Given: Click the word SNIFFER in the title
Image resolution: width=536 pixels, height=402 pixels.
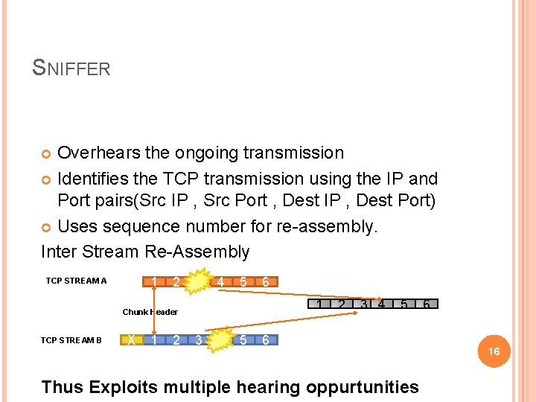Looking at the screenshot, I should click(71, 68).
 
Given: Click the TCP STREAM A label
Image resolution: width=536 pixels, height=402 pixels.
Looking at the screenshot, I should click(76, 281).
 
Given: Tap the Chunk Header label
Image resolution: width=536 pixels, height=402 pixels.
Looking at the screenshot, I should click(150, 312).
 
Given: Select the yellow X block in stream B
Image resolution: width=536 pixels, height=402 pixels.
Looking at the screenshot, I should click(132, 340).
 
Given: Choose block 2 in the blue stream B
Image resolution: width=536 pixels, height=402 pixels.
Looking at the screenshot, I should click(176, 340).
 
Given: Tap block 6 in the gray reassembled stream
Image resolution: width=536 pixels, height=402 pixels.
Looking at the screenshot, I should click(427, 304).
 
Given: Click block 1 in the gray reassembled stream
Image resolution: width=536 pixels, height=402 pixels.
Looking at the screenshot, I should click(319, 304).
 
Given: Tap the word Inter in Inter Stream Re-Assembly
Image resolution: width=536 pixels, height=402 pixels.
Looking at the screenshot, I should click(57, 252).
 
